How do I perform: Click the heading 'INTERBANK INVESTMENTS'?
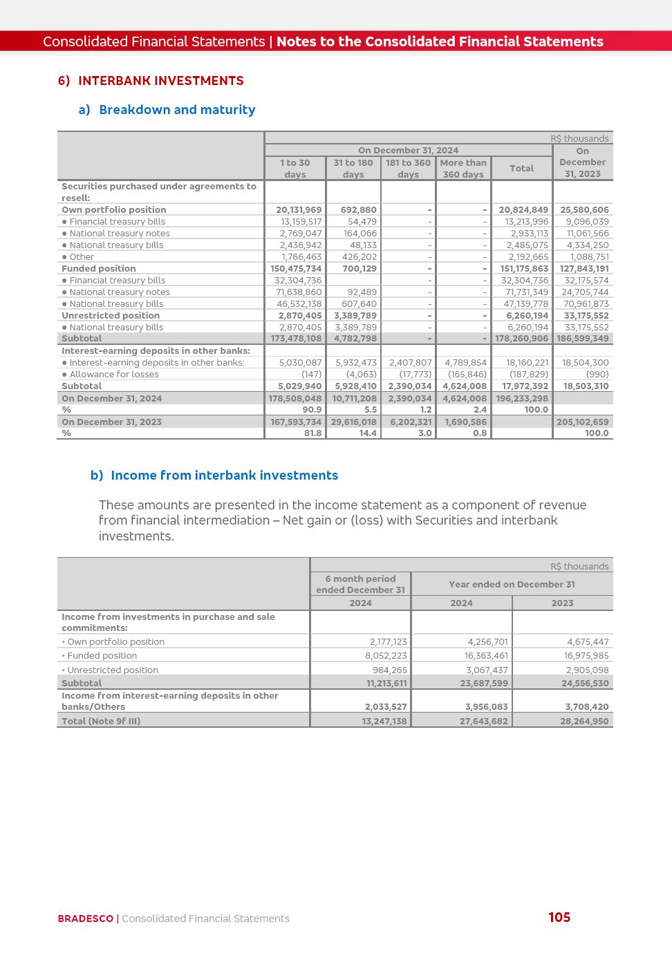160,81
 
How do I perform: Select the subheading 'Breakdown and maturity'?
177,110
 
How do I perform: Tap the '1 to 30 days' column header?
295,169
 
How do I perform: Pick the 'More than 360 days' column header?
463,169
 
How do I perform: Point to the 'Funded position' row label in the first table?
99,269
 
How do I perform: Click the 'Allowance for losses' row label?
113,375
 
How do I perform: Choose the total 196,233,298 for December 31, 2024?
522,399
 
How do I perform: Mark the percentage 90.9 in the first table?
312,410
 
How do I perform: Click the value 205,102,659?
583,422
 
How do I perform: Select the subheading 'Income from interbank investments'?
224,476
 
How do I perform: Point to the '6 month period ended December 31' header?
360,584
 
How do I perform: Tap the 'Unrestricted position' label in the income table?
113,670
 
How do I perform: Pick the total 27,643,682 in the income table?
484,721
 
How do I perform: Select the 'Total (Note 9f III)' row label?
101,721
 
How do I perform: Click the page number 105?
559,917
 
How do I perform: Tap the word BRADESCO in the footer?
86,919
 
